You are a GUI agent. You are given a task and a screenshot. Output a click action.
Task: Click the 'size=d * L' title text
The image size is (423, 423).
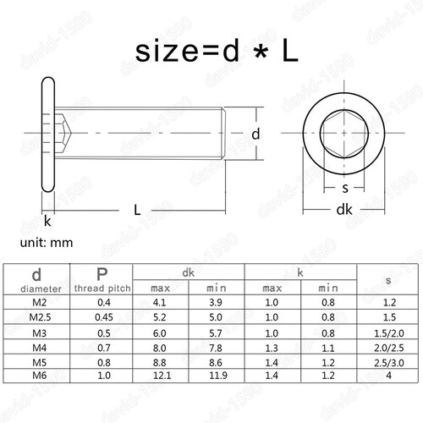217,51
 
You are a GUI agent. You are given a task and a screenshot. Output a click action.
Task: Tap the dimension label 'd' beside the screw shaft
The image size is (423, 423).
255,134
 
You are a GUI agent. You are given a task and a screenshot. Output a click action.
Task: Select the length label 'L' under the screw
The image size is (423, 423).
137,210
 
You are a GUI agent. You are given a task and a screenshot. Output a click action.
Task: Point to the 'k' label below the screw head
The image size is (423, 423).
47,221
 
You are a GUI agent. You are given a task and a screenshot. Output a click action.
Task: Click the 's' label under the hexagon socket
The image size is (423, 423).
345,188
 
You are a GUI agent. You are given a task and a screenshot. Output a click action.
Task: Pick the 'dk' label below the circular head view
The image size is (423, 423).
344,210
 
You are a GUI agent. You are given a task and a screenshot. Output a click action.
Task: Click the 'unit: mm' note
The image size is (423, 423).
47,243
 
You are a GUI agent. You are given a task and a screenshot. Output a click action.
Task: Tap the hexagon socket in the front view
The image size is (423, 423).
344,134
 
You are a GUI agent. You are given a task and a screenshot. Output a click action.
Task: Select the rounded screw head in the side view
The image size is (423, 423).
48,135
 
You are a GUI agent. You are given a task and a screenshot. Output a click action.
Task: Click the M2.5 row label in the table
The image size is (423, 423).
40,317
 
